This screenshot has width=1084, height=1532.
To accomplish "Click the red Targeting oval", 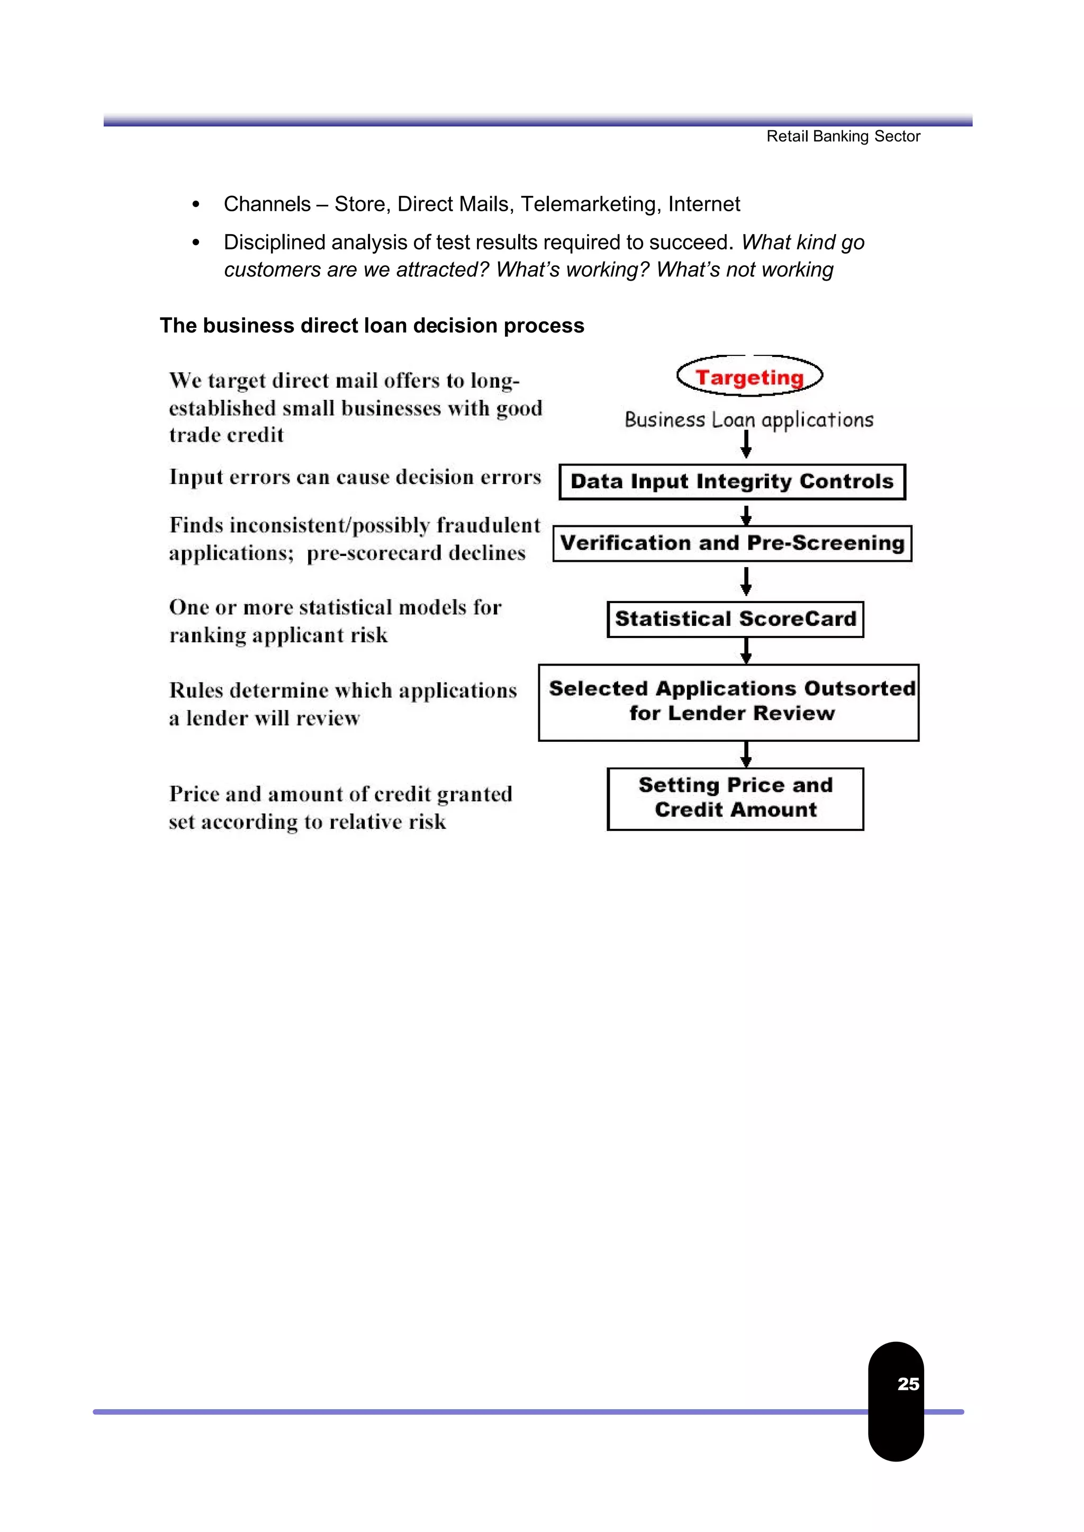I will [749, 377].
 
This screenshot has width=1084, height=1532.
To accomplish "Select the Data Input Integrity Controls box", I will [732, 481].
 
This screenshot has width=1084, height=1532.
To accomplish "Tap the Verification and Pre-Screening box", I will [732, 543].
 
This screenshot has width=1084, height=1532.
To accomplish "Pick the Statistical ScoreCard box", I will [735, 619].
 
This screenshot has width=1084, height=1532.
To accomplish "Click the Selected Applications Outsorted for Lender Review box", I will [728, 702].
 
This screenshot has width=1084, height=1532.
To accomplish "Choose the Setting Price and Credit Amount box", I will [735, 798].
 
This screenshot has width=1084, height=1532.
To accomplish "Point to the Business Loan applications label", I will [748, 420].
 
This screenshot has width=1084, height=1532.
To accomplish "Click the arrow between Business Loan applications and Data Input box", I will [746, 444].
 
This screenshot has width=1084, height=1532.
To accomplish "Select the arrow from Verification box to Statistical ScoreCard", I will [746, 581].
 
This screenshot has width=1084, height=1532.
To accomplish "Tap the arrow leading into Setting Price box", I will [746, 755].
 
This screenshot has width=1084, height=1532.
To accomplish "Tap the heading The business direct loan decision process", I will [372, 325].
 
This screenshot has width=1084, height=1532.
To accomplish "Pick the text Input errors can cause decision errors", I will [355, 477].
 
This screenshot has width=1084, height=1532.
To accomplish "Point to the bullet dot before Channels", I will [195, 204].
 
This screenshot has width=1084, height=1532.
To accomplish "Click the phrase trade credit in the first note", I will [227, 435].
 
